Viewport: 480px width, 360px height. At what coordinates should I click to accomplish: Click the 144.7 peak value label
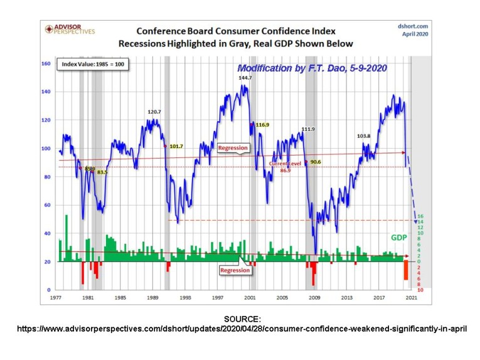click(245, 78)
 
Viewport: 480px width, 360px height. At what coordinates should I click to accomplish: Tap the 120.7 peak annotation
click(154, 112)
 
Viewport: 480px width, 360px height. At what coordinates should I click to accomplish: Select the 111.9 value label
click(307, 130)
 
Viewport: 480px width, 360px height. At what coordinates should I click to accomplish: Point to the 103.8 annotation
click(363, 136)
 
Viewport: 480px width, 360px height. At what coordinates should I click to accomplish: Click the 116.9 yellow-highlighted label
click(262, 125)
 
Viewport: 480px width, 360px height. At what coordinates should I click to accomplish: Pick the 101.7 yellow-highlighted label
click(176, 146)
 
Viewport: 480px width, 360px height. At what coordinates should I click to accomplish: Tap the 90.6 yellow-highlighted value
click(315, 162)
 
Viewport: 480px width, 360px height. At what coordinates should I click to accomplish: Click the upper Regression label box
click(233, 148)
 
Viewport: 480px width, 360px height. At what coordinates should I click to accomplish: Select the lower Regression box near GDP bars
click(234, 270)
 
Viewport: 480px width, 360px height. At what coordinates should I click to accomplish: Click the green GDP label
click(399, 238)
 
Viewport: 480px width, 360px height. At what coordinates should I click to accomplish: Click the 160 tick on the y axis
click(46, 63)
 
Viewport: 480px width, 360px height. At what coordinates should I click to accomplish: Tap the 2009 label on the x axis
click(314, 298)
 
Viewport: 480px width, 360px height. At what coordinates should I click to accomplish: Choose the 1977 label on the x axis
click(56, 298)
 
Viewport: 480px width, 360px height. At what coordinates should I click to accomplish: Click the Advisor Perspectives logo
click(69, 29)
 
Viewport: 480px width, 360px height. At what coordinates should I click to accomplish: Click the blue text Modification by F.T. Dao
click(311, 68)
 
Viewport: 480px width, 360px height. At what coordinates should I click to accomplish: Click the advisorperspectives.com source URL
click(242, 328)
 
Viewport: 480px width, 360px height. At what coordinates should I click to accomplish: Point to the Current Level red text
click(285, 163)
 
